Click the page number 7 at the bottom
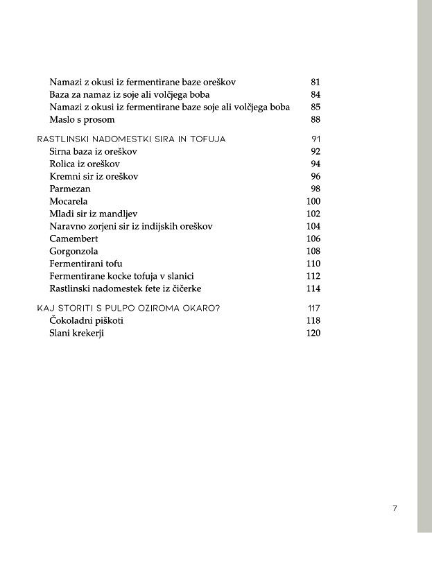click(x=395, y=508)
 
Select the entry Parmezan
click(x=70, y=189)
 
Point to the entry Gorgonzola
click(x=74, y=251)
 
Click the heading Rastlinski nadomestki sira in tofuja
click(x=131, y=139)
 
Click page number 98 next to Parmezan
click(x=316, y=189)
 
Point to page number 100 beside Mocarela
click(x=313, y=201)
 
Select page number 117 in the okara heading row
click(x=313, y=308)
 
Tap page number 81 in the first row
click(x=316, y=82)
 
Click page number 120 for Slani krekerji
click(x=313, y=333)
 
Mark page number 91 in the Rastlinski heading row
click(x=316, y=139)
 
